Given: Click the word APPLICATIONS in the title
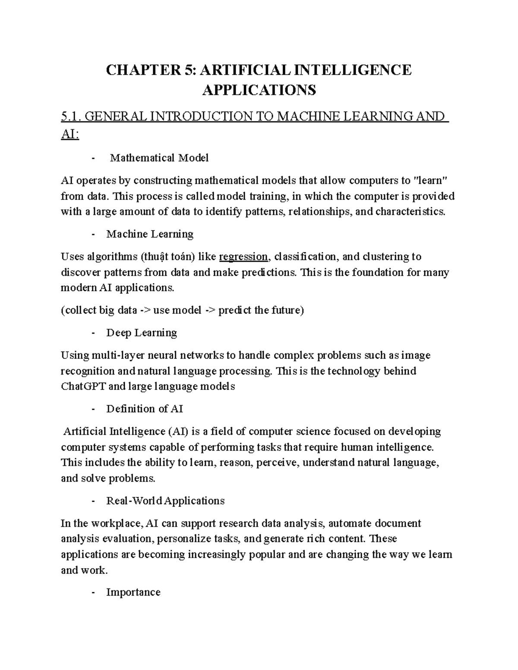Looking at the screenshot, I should coord(259,90).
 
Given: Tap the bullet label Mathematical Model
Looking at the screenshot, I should coord(159,158).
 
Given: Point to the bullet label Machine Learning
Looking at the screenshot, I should coord(150,234).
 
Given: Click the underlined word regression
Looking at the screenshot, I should coord(243,257).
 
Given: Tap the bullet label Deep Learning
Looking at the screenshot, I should coord(142,333).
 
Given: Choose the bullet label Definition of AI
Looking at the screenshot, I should coord(145,409).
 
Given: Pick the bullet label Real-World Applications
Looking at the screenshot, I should coord(165,501).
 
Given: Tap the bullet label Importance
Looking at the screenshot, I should coord(133,592).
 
